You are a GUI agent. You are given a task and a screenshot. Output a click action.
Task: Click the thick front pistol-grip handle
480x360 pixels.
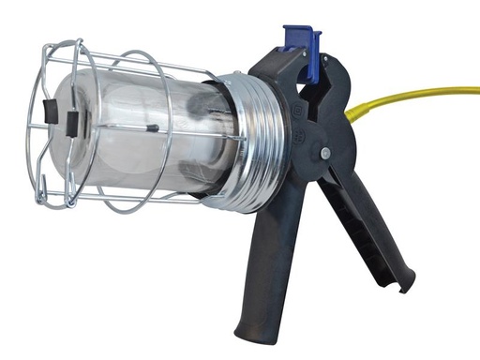pos(268,262)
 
